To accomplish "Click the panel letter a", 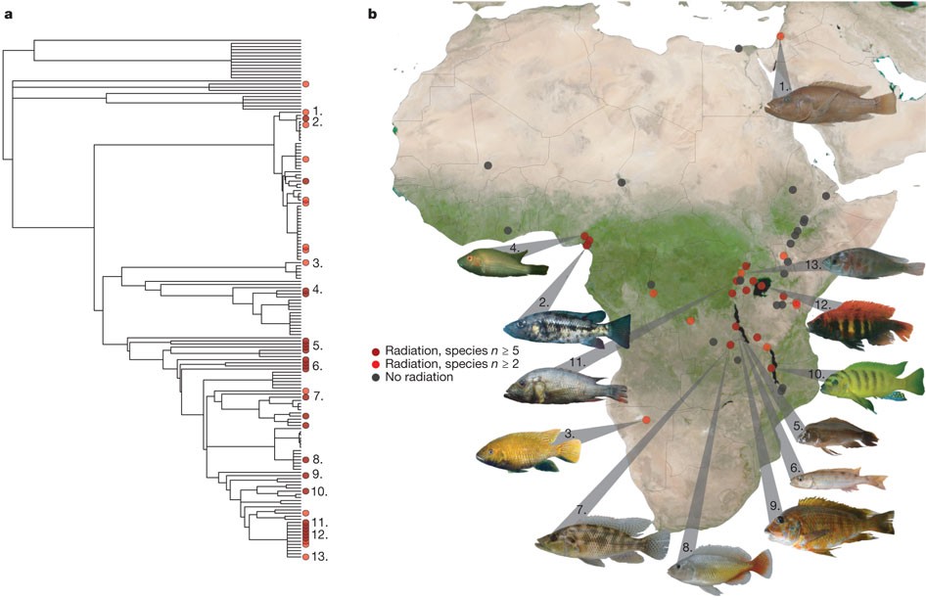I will click(8, 14).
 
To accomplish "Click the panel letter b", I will click(373, 14).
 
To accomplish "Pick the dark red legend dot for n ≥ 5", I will click(377, 350).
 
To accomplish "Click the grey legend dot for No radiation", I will click(377, 378).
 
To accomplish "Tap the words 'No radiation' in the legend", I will click(419, 378).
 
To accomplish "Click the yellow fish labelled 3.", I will click(527, 449).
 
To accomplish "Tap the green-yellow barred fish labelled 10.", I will click(871, 384).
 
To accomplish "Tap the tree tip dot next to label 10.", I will click(306, 490).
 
